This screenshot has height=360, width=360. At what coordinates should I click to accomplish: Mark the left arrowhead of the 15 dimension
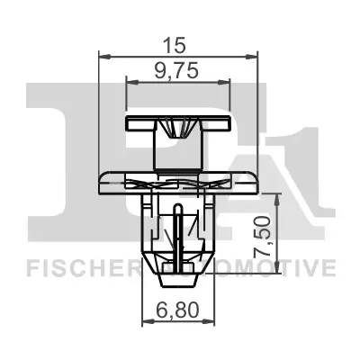pos(102,55)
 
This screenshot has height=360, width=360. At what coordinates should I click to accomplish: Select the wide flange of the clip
pos(178,177)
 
